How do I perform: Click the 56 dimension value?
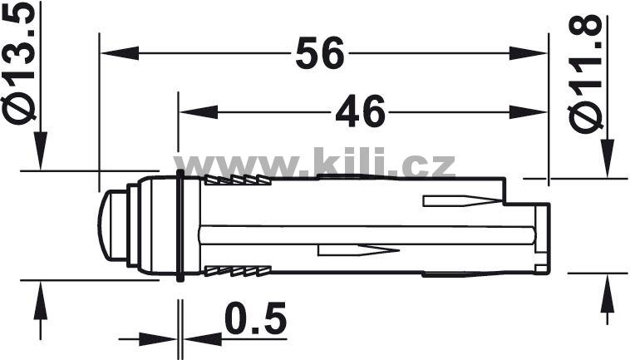click(320, 53)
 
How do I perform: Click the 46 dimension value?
click(360, 112)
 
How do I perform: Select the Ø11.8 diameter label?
click(585, 74)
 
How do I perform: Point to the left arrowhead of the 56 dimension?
click(120, 53)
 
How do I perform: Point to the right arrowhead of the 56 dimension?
click(528, 53)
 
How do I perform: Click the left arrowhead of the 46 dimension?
click(199, 112)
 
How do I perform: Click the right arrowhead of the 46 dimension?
click(528, 112)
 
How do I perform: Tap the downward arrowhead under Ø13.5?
click(40, 150)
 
